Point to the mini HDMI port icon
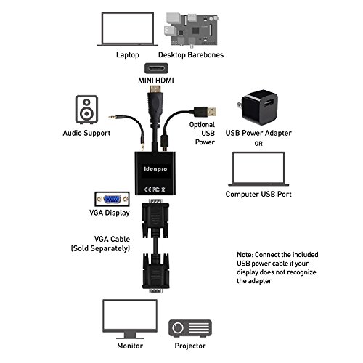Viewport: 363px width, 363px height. pyautogui.click(x=156, y=68)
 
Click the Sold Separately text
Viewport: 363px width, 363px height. pyautogui.click(x=100, y=248)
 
